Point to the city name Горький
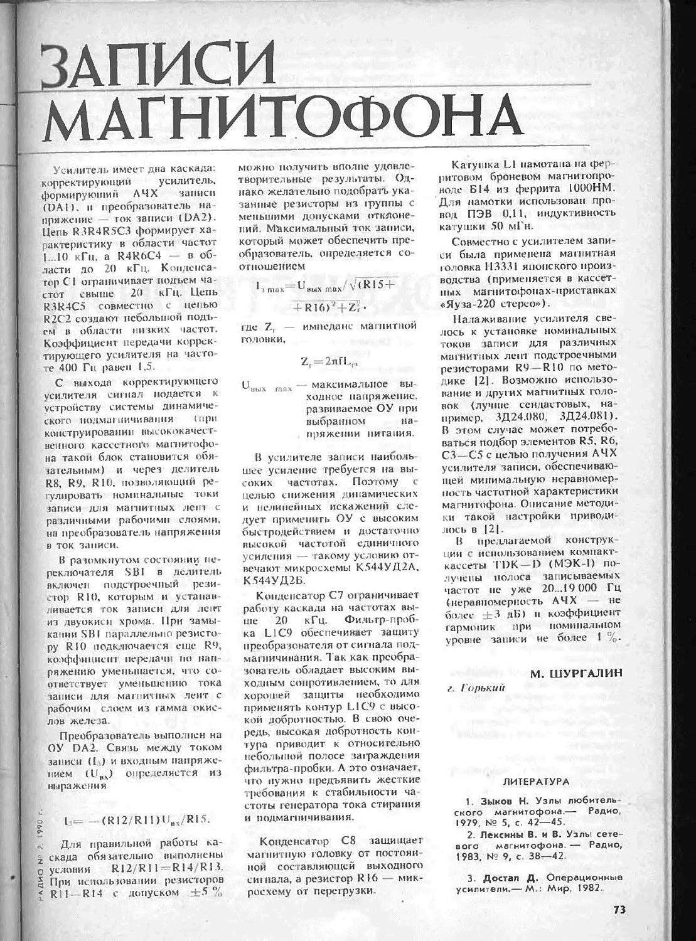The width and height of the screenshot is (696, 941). [x=482, y=688]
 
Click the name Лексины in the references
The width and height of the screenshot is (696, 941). [x=503, y=834]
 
